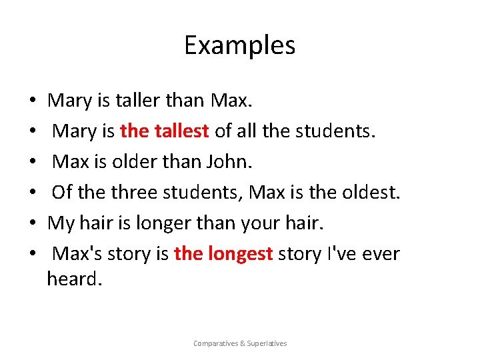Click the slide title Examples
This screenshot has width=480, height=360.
click(240, 45)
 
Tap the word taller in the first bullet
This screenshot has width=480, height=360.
click(135, 101)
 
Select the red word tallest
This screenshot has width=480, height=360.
click(183, 131)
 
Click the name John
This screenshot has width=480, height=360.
click(198, 162)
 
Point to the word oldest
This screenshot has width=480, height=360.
click(368, 193)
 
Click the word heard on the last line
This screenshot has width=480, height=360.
click(74, 279)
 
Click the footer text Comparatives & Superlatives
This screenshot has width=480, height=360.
click(240, 343)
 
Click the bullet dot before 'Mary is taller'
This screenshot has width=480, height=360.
click(33, 101)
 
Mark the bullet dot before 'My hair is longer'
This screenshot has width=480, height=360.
click(33, 224)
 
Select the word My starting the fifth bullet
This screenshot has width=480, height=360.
click(61, 224)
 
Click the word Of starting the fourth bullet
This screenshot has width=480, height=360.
click(62, 193)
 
